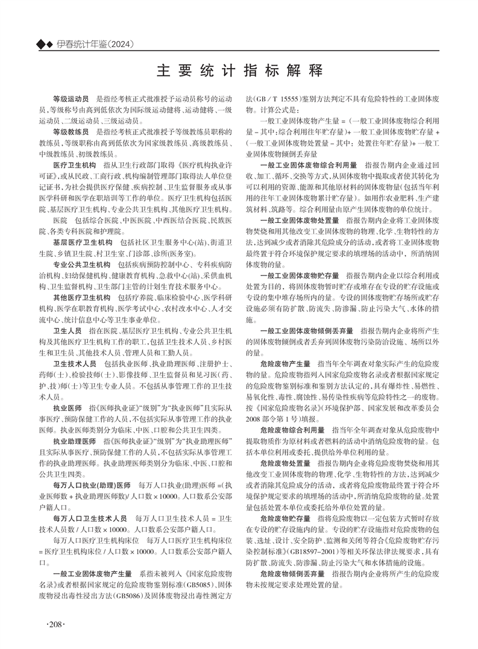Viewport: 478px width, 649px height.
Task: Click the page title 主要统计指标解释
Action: tap(239, 69)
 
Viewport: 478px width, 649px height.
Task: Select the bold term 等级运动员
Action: tap(71, 97)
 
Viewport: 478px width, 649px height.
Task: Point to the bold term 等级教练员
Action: tap(71, 130)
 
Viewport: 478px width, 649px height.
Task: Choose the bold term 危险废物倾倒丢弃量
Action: tap(293, 574)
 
